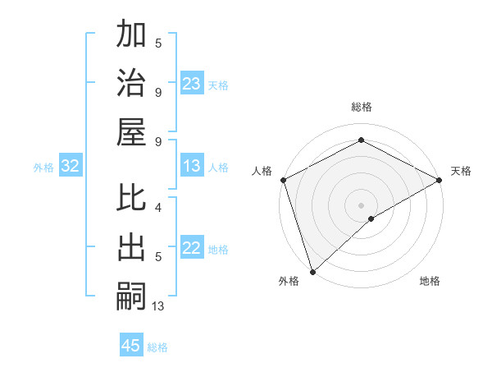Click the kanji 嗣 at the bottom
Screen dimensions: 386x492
pos(132,295)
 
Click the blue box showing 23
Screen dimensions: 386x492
pos(192,83)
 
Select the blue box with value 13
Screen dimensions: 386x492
pos(192,166)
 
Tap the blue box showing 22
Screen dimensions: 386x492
pos(192,248)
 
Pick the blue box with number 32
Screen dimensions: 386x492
pos(71,167)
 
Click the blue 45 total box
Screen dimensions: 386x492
pos(131,346)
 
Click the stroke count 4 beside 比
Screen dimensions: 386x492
pos(158,208)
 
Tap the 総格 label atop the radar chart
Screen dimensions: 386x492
pos(362,107)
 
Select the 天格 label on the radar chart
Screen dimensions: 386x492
pos(461,171)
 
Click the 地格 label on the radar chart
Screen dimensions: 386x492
pos(430,281)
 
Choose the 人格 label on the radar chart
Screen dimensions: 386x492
pos(262,171)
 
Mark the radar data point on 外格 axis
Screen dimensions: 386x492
pos(312,271)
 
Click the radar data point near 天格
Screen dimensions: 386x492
pos(440,180)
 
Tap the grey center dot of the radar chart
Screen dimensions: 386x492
pos(362,204)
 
